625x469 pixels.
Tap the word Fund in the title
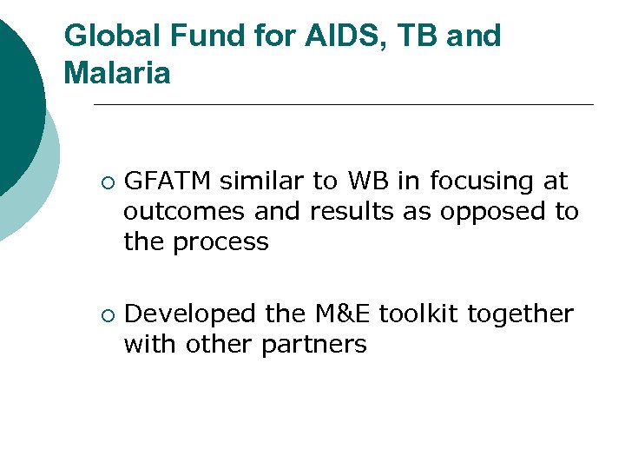coord(199,36)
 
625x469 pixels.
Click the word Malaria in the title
coord(117,74)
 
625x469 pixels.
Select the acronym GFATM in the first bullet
coord(168,182)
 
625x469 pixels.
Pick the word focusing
coord(481,182)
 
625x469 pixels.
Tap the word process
coord(220,243)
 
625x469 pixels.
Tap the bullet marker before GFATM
coord(105,182)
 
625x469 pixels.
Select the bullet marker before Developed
coord(105,314)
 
